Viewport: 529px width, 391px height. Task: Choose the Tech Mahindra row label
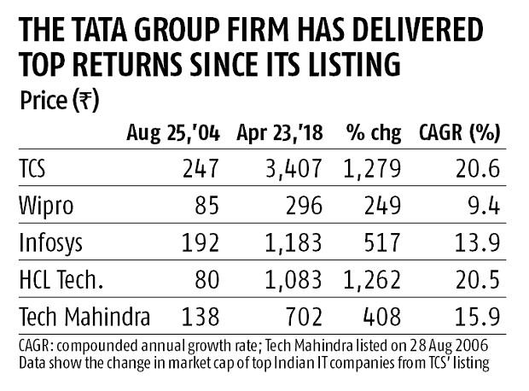tap(84, 318)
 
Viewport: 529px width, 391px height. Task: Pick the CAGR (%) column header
tap(459, 132)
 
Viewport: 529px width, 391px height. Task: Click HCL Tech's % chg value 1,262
tap(370, 280)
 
